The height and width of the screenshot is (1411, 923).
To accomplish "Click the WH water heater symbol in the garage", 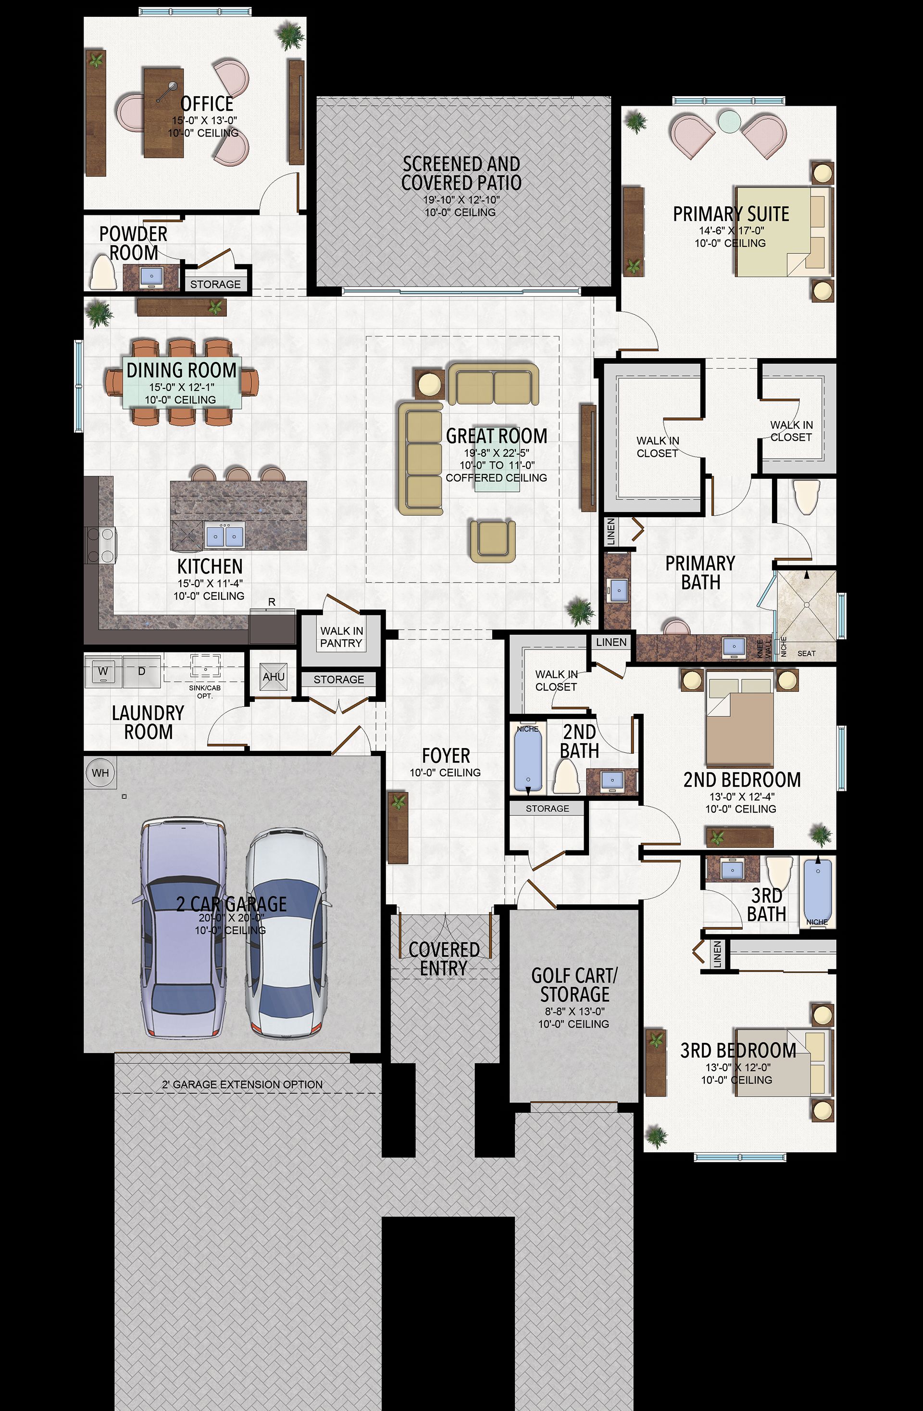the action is [x=100, y=773].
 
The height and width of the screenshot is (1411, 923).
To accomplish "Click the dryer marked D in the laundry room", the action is [x=141, y=671].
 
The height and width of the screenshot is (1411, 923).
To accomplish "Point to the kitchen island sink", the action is [x=225, y=536].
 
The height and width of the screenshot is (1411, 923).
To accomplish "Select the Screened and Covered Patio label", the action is [x=461, y=173].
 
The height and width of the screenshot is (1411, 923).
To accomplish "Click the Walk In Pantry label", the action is [x=341, y=637].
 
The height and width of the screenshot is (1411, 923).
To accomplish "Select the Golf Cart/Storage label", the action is [x=574, y=984].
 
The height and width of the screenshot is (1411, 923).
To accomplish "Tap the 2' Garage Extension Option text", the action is [x=242, y=1085].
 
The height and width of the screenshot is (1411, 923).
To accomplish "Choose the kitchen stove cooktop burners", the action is [x=100, y=545].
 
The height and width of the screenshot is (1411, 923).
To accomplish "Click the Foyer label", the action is [x=446, y=755].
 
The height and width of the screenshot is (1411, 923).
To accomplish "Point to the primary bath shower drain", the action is [x=806, y=605].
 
